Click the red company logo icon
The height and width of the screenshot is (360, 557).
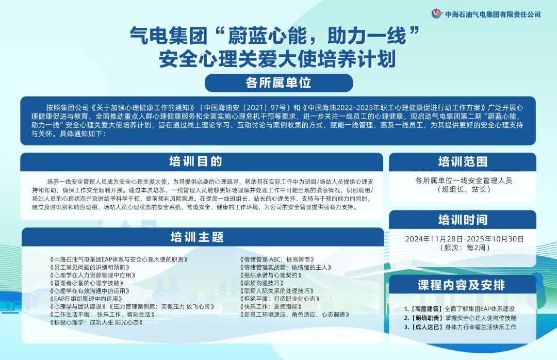pyautogui.click(x=437, y=13)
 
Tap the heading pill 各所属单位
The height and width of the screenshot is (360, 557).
pyautogui.click(x=278, y=83)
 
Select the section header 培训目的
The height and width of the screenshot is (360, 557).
pyautogui.click(x=195, y=161)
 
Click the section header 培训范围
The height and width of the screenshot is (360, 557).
pyautogui.click(x=463, y=161)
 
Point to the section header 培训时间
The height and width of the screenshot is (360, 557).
pyautogui.click(x=463, y=220)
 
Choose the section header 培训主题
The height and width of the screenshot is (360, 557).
pyautogui.click(x=197, y=237)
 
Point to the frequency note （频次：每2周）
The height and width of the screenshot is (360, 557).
pyautogui.click(x=463, y=248)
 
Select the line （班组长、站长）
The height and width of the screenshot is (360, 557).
pyautogui.click(x=463, y=190)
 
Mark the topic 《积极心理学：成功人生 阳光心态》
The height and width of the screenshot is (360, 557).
pyautogui.click(x=96, y=322)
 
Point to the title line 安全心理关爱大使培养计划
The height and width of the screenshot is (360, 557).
pyautogui.click(x=278, y=59)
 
